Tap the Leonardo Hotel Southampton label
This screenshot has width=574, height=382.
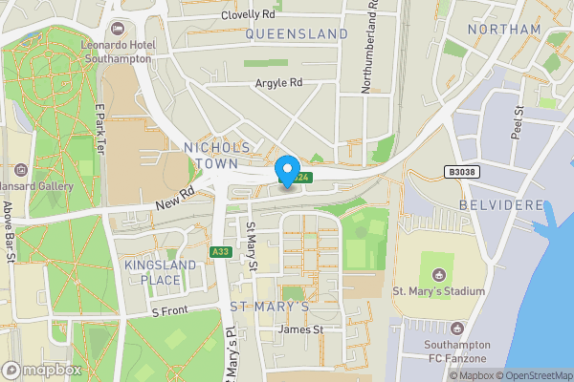[x=116, y=51]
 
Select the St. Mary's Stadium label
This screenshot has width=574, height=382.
[x=439, y=291]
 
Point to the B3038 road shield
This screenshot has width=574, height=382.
[x=461, y=172]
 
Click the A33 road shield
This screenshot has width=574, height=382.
[x=220, y=251]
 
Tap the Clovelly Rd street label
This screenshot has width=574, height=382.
[x=247, y=15]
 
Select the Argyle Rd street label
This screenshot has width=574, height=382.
[x=278, y=83]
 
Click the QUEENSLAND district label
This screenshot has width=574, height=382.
[x=297, y=34]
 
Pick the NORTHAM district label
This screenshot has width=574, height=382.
[x=505, y=30]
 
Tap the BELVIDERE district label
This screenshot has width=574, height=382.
[x=501, y=205]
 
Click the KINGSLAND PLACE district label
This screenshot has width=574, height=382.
[x=153, y=272]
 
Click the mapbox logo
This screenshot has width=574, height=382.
[x=42, y=370]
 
